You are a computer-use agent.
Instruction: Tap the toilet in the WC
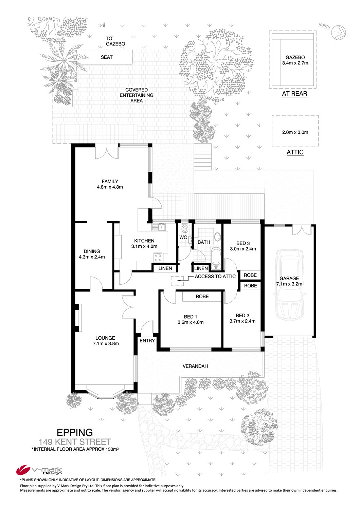pyautogui.click(x=185, y=228)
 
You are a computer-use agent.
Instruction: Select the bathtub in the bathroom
pyautogui.click(x=216, y=258)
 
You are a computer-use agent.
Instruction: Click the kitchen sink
pyautogui.click(x=159, y=227)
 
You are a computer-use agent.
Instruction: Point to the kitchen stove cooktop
pyautogui.click(x=158, y=258)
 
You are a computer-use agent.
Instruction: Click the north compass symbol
pyautogui.click(x=338, y=32)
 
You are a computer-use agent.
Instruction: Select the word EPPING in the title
pyautogui.click(x=75, y=432)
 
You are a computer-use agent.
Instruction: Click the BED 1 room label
pyautogui.click(x=190, y=317)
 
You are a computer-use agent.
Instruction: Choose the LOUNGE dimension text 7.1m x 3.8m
pyautogui.click(x=106, y=343)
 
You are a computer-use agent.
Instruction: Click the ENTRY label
pyautogui.click(x=147, y=341)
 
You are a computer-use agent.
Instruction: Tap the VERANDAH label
pyautogui.click(x=195, y=366)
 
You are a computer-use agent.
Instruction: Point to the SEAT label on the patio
pyautogui.click(x=107, y=57)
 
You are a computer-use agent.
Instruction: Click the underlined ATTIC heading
pyautogui.click(x=295, y=152)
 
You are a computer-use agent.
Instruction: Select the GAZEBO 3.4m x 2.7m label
pyautogui.click(x=295, y=60)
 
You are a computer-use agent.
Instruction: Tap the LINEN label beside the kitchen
pyautogui.click(x=165, y=268)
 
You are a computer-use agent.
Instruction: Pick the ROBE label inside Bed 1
pyautogui.click(x=202, y=297)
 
